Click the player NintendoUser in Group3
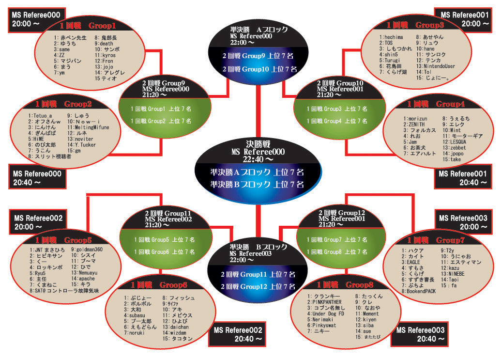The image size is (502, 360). (439, 66)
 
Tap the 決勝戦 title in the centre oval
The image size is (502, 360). (258, 144)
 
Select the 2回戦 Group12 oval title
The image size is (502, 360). (341, 213)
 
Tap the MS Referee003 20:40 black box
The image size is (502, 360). (420, 335)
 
